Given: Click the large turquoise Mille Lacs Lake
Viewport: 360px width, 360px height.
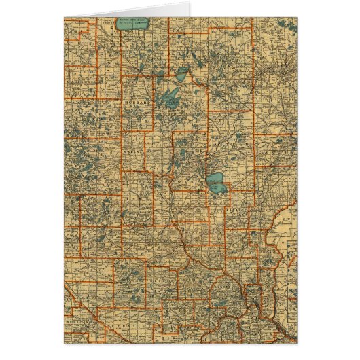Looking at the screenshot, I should (x=215, y=181).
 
